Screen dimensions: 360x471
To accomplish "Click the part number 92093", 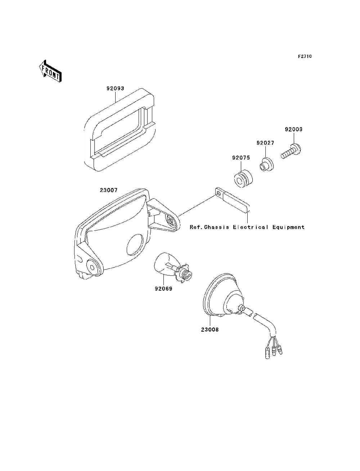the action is click(116, 89).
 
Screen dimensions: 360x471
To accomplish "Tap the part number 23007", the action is click(109, 190).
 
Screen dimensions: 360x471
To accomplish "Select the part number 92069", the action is click(163, 289).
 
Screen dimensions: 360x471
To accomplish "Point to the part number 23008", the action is click(210, 329).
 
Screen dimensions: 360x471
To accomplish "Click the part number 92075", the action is click(241, 158).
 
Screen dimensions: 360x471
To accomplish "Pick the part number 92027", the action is click(265, 143).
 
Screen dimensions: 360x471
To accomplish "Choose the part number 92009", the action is click(293, 129).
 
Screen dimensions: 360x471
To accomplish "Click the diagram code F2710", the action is click(305, 57).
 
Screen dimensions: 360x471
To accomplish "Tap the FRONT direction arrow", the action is click(50, 71).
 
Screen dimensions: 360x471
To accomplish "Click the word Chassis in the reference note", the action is click(216, 227).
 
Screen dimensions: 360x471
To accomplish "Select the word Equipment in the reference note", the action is click(288, 228).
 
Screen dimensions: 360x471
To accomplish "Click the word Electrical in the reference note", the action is click(251, 227).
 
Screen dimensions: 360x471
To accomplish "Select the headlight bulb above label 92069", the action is click(173, 268).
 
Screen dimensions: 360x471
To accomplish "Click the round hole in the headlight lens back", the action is click(135, 245).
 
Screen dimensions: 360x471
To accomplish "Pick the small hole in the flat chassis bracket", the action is click(219, 194).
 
